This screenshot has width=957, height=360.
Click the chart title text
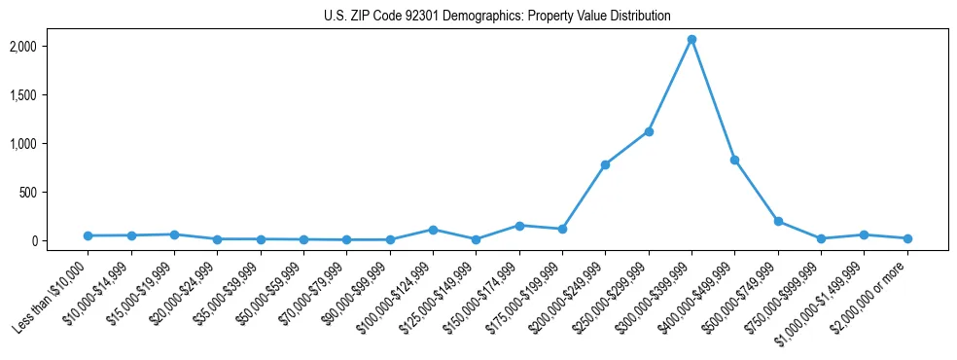497,16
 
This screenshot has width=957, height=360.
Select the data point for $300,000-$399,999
691,39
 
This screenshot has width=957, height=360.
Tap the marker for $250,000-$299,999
649,131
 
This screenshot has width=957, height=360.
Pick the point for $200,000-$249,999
605,164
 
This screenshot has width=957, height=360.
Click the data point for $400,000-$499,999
734,160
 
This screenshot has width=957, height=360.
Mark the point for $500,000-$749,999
778,222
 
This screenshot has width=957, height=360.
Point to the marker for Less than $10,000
88,235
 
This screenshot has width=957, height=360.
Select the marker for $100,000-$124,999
433,230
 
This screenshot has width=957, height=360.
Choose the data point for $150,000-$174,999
519,226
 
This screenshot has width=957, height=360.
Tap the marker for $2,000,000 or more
907,238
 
